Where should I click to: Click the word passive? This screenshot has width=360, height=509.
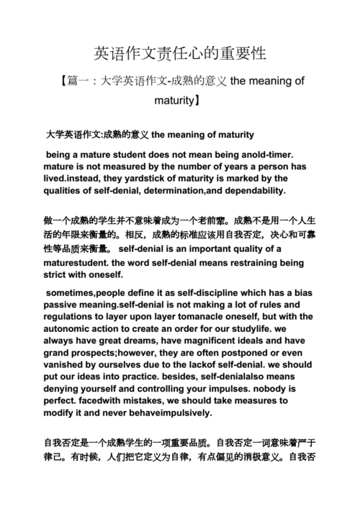click(63, 305)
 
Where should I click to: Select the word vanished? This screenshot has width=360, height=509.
click(66, 365)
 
